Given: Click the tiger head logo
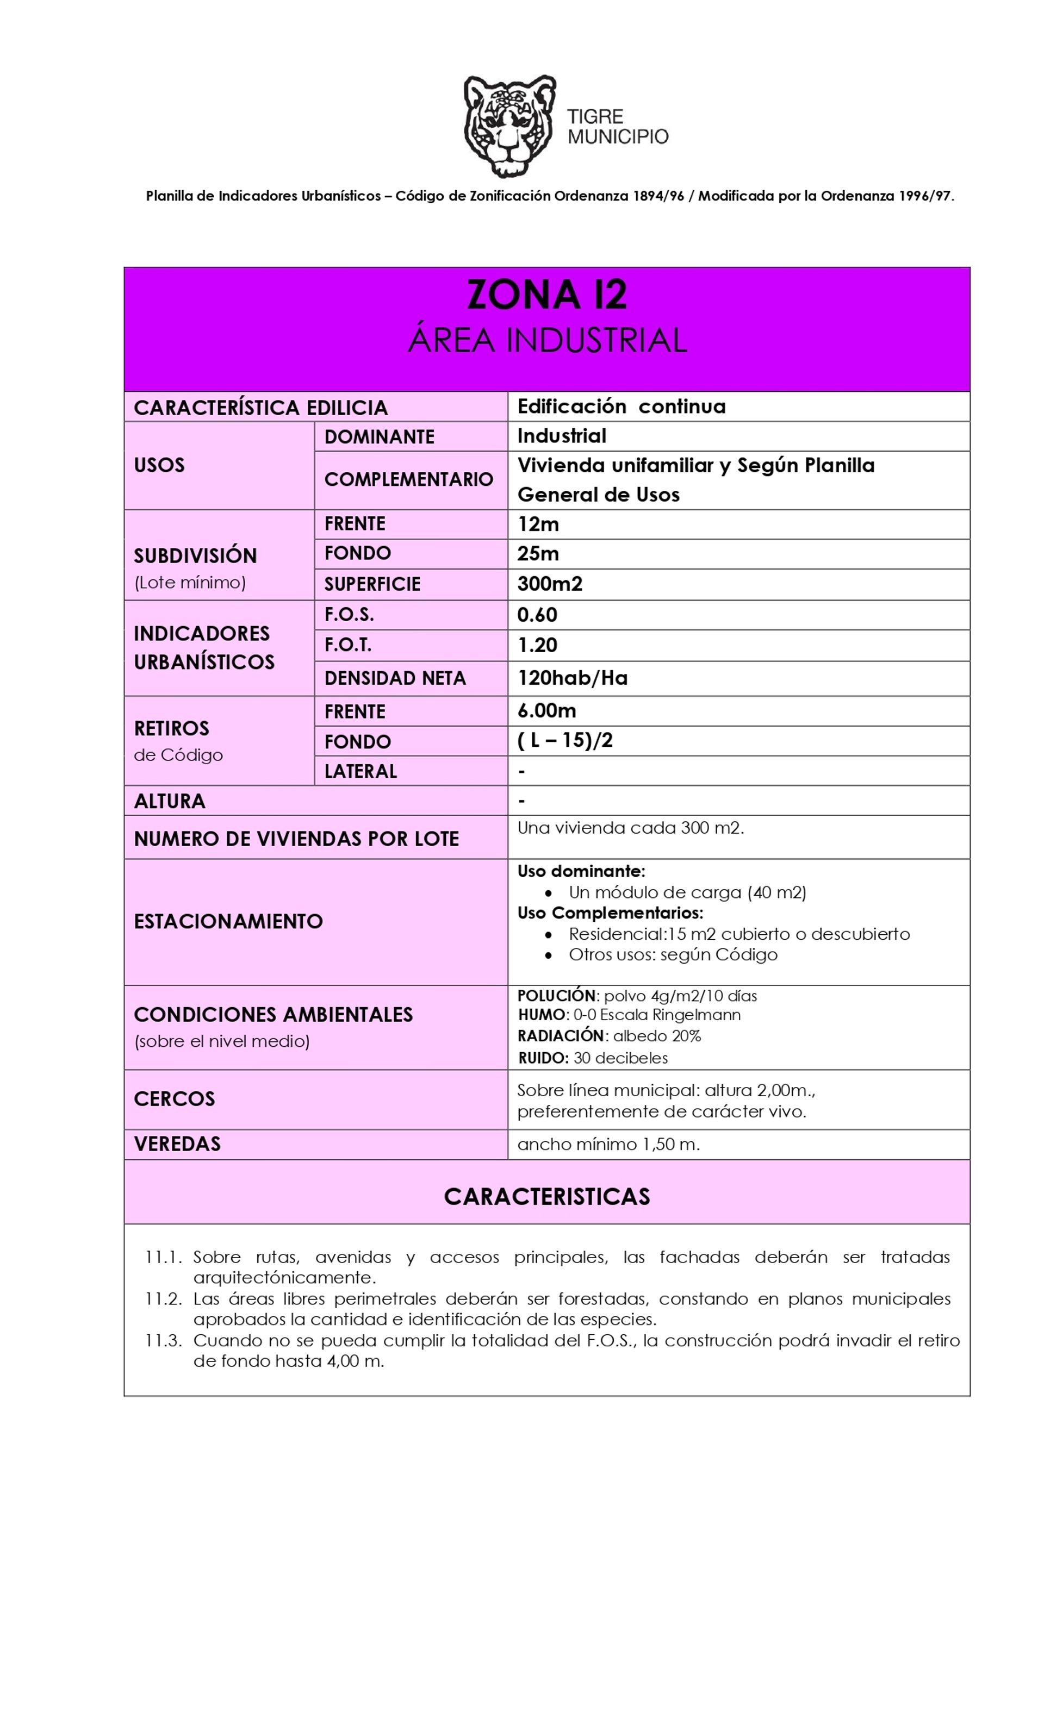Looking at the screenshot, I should [508, 126].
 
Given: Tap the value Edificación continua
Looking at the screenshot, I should [620, 407].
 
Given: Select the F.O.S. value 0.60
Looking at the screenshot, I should [537, 615].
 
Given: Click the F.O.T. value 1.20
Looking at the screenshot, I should [537, 645].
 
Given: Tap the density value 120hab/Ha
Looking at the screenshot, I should [572, 678].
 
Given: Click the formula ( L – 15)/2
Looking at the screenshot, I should [564, 740].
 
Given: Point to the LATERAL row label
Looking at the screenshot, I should [360, 771].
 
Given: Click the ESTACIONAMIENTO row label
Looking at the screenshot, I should [228, 921].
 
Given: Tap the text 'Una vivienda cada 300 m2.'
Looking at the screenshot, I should [630, 828].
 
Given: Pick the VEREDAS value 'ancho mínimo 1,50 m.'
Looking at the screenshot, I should [608, 1144].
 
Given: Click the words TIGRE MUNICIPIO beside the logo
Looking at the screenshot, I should [617, 126].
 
